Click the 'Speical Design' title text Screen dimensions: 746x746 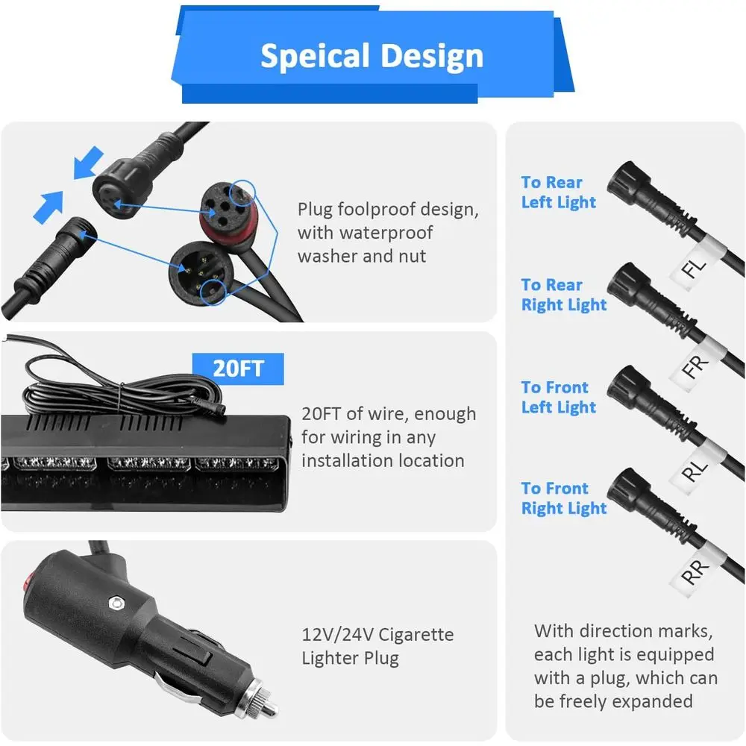point(371,57)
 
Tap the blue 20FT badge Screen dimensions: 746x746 point(239,369)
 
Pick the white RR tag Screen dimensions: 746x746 point(695,572)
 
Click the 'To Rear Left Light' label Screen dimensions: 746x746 point(558,192)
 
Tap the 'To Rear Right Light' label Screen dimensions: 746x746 point(563,295)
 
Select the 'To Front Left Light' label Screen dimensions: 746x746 point(558,397)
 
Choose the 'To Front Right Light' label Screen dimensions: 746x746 point(563,498)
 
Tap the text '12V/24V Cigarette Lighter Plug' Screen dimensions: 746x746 point(377,646)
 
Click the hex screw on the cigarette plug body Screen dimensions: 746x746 point(114,602)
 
